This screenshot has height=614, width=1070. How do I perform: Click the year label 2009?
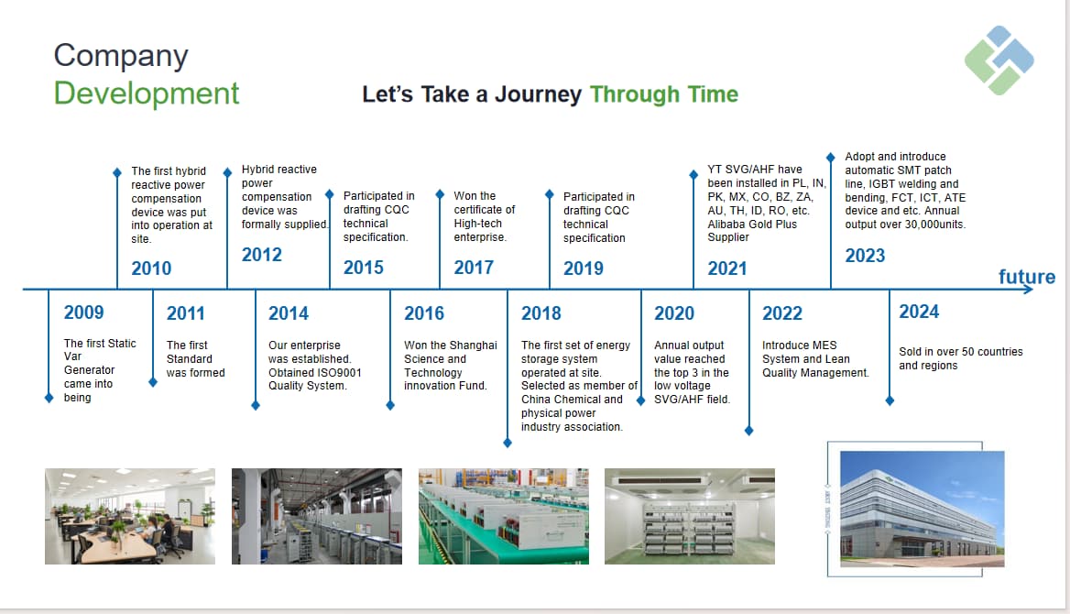[84, 312]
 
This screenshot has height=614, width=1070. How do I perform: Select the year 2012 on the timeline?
[261, 255]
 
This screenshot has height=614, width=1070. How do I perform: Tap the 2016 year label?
[424, 313]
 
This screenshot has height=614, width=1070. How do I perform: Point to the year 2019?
[584, 269]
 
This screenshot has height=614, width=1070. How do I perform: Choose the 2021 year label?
[727, 269]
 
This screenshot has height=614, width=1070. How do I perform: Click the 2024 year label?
[919, 312]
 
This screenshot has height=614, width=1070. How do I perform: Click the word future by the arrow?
[1027, 277]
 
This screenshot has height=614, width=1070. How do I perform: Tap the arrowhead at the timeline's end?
[1029, 290]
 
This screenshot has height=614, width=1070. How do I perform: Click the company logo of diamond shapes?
[999, 60]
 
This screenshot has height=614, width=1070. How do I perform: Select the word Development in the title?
[147, 93]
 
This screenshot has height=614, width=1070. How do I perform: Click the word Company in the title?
[121, 56]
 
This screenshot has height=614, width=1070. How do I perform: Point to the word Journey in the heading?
[538, 94]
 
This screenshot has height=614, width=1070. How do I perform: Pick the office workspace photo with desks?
[130, 516]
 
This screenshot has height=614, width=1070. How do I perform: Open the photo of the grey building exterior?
[922, 509]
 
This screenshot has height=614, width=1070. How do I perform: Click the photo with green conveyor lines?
[504, 516]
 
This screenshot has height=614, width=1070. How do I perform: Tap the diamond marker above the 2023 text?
[831, 157]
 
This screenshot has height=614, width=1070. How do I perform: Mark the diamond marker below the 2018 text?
[507, 444]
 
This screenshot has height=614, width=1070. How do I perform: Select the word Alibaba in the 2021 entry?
[727, 224]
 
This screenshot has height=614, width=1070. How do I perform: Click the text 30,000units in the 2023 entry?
[935, 225]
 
